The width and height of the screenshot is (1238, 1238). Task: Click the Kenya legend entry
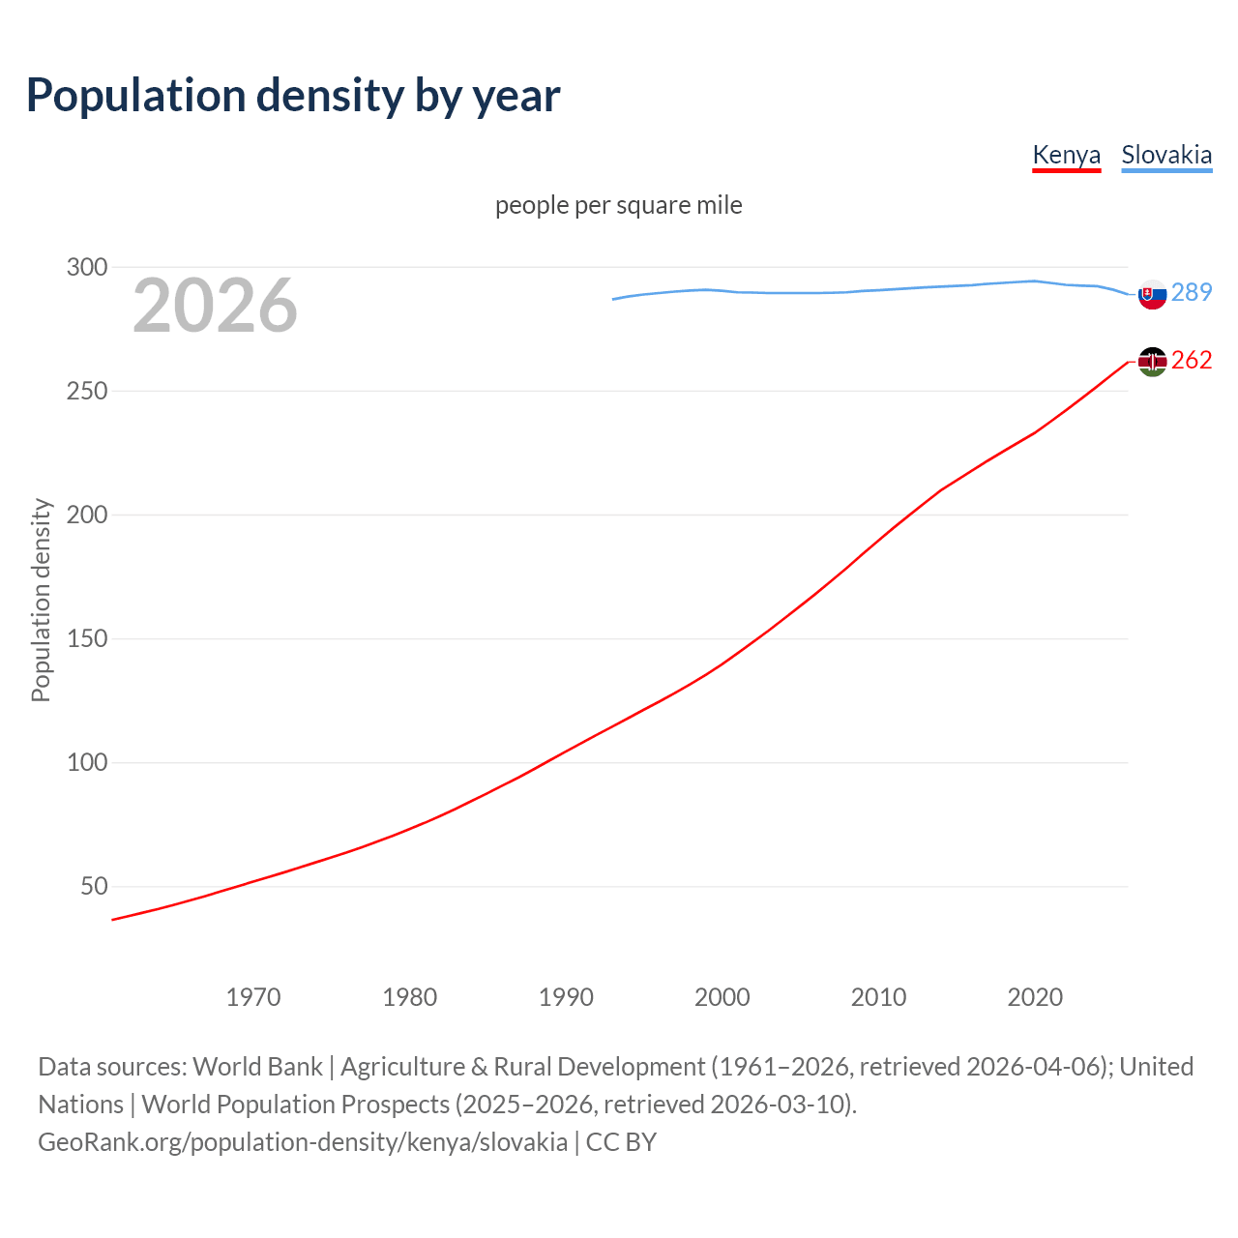click(x=1066, y=155)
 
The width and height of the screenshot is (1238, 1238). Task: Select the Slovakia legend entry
click(x=1165, y=155)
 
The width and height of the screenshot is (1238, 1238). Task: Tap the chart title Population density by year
click(x=293, y=95)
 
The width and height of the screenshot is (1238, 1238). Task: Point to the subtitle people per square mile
click(x=618, y=205)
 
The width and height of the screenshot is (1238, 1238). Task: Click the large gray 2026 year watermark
click(x=215, y=306)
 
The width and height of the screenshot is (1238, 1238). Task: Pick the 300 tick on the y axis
click(x=87, y=267)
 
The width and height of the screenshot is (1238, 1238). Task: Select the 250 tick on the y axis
click(x=87, y=391)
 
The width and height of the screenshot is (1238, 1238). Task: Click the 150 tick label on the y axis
click(x=87, y=638)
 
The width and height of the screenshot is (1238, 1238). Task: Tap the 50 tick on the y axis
click(x=94, y=886)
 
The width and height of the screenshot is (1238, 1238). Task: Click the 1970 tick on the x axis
click(x=253, y=996)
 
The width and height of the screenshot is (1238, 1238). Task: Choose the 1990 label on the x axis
click(x=566, y=996)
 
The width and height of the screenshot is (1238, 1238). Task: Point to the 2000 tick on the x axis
click(x=722, y=996)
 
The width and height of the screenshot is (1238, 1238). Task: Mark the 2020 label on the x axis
click(x=1035, y=996)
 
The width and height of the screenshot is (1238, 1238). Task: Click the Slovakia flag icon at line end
click(x=1152, y=294)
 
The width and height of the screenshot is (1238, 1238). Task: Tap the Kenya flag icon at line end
click(x=1152, y=362)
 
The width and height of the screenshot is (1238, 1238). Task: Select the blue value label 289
click(x=1192, y=292)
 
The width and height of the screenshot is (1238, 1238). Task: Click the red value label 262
click(x=1192, y=360)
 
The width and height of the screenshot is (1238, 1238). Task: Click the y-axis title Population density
click(x=41, y=600)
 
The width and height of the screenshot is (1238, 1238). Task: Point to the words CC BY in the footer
click(x=621, y=1142)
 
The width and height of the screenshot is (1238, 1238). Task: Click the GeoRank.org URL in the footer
click(x=303, y=1142)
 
